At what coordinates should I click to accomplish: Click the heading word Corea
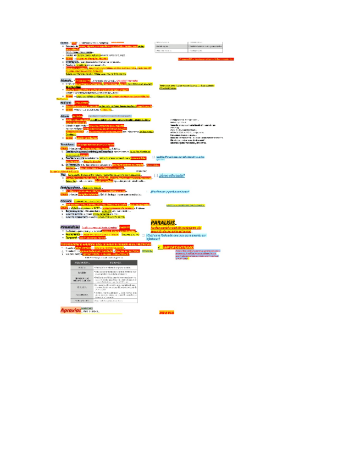click(x=64, y=42)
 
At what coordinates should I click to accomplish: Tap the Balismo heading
click(x=65, y=102)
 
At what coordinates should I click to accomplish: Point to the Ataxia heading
click(x=65, y=116)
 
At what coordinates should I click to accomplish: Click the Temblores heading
click(x=68, y=144)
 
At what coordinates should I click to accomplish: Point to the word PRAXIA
click(x=166, y=312)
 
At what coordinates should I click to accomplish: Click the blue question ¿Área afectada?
click(x=172, y=176)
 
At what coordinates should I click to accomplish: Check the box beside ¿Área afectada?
click(x=156, y=176)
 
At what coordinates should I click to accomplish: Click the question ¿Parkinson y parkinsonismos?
click(x=169, y=191)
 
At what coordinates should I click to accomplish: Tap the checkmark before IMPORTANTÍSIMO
click(x=158, y=248)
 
